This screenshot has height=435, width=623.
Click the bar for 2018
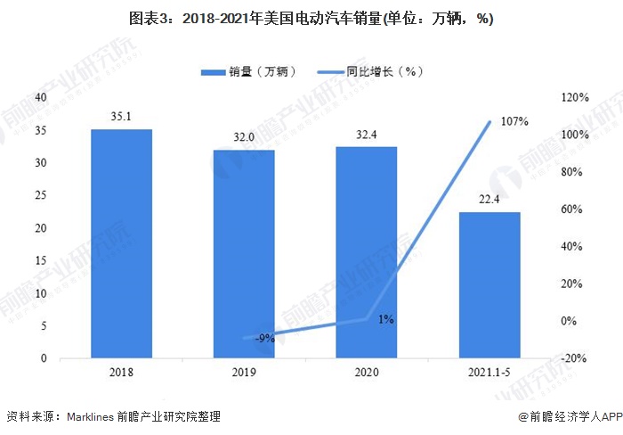(x=122, y=243)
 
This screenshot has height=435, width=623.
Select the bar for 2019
(x=244, y=254)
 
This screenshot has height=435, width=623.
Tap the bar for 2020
(x=367, y=252)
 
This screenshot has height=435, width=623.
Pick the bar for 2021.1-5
(x=489, y=285)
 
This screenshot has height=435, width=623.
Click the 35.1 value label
(x=122, y=115)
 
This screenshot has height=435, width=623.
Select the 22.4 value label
(x=489, y=199)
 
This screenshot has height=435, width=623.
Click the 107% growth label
(x=515, y=121)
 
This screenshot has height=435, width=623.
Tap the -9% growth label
(x=263, y=338)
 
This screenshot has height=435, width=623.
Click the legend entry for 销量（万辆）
(x=249, y=71)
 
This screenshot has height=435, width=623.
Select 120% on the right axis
(x=572, y=97)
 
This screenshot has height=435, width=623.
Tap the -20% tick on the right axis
(x=572, y=358)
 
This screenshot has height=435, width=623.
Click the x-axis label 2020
(x=367, y=374)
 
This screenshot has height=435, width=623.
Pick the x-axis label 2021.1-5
(x=489, y=374)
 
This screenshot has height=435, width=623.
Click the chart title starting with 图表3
(x=311, y=19)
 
